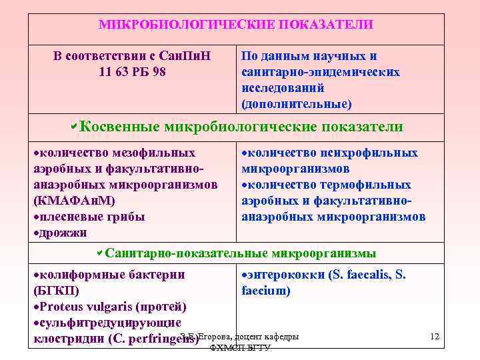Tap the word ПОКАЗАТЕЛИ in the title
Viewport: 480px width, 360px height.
[326, 25]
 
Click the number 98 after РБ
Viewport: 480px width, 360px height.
[159, 72]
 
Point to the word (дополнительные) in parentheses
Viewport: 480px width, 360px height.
[296, 105]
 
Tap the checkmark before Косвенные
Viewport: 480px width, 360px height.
[74, 126]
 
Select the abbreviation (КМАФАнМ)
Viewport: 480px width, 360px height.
[74, 201]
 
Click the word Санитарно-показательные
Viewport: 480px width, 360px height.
[187, 253]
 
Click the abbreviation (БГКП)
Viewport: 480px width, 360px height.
[56, 291]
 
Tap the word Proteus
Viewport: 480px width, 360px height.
[63, 307]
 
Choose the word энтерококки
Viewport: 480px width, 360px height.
[285, 275]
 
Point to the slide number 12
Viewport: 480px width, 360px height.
[435, 337]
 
